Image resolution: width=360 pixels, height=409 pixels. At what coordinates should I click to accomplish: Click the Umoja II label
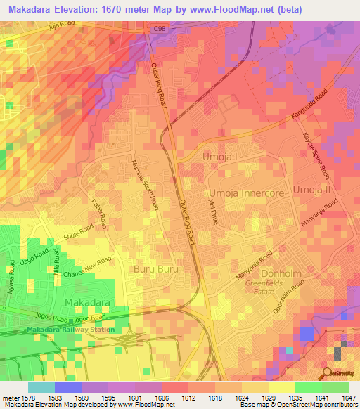[311, 190]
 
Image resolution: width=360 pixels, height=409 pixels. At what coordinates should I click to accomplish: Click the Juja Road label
[63, 27]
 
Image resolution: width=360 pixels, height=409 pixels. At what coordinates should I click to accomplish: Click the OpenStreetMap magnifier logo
[328, 374]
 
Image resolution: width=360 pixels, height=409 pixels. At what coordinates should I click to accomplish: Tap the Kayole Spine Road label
[316, 156]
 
